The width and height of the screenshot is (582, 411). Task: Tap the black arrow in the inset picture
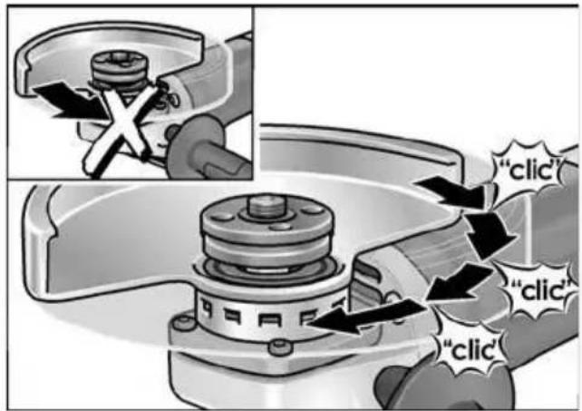[x=71, y=101]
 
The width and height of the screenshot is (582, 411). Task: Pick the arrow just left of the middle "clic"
[x=461, y=281]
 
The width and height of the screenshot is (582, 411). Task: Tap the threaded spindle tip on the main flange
[x=267, y=207]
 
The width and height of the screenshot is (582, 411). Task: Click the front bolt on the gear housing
[x=280, y=347]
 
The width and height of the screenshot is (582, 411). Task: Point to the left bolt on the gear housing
[x=182, y=323]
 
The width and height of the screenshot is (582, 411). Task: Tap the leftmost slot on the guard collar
[x=206, y=308]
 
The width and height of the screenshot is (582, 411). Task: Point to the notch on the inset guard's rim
[x=28, y=67]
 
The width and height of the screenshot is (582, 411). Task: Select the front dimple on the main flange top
[x=281, y=226]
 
